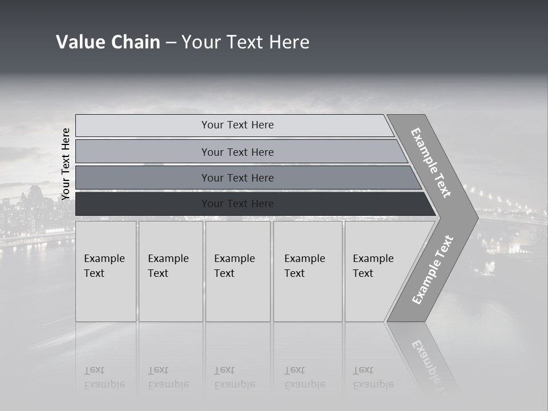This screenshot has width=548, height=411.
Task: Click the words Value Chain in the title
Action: (108, 42)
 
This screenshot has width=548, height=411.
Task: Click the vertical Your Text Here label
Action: (66, 164)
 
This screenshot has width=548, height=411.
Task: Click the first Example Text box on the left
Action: (106, 271)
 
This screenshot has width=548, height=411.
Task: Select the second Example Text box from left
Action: (170, 271)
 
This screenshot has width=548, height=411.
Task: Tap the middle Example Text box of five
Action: (237, 271)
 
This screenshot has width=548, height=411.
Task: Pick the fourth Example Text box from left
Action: (308, 271)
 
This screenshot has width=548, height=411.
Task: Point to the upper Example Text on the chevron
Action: (431, 163)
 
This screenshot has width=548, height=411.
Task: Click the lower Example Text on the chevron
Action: (433, 269)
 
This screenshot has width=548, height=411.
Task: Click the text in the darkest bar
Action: (237, 204)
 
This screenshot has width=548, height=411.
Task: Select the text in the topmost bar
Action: (237, 125)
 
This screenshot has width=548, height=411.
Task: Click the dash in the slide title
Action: (171, 42)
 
